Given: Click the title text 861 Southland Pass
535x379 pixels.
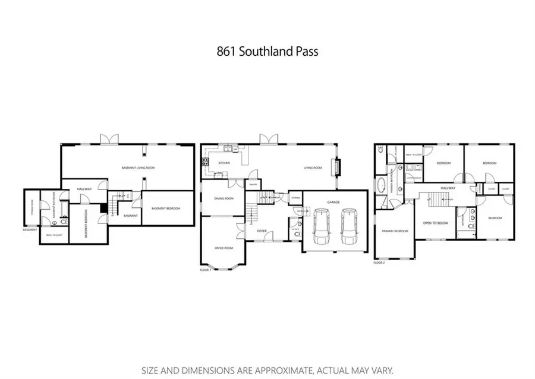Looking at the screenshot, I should coord(267,52).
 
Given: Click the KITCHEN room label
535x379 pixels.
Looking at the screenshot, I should coord(224,163).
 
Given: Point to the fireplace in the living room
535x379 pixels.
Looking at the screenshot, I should coord(338,168).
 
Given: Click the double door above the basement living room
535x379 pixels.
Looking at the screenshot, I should coord(110,140).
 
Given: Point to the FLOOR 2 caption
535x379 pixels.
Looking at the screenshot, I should coord(379,262).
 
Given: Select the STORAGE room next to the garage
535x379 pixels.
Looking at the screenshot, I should coord(295,198).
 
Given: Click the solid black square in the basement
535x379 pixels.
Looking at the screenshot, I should coord(104,208).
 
